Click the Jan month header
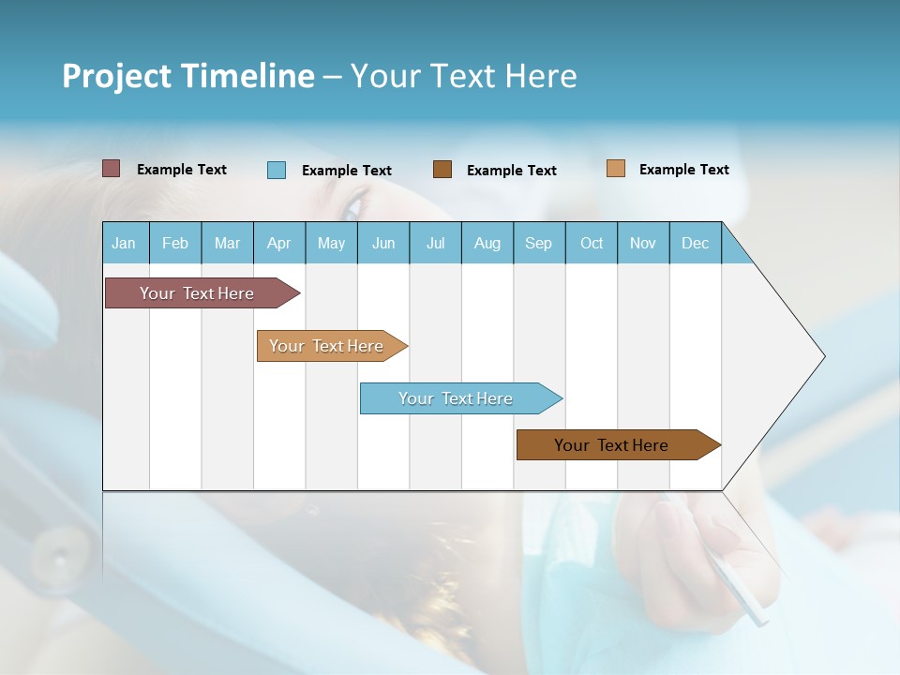point(125,243)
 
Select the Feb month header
point(175,243)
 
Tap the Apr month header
point(279,243)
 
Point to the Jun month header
point(383,243)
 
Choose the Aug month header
point(487,243)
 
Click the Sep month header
point(539,243)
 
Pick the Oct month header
point(592,243)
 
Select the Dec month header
point(696,243)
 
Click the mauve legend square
point(111,169)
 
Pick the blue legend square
point(277,170)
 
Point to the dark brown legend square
point(442,170)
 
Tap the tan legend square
point(616,169)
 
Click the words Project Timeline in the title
point(188,76)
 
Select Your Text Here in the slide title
point(463,76)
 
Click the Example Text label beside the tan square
point(683,170)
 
